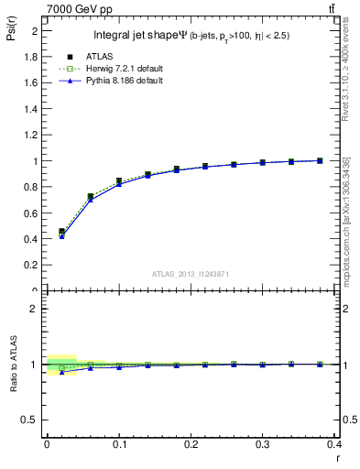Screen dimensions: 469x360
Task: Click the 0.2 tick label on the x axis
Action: click(191, 443)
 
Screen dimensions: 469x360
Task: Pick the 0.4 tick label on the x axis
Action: click(333, 443)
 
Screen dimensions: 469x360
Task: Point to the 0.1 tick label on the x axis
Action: click(118, 443)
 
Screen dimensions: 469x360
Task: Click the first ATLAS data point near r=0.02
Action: click(61, 232)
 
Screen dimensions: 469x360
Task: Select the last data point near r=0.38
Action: click(319, 160)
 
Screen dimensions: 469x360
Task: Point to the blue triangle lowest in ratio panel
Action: click(61, 372)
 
